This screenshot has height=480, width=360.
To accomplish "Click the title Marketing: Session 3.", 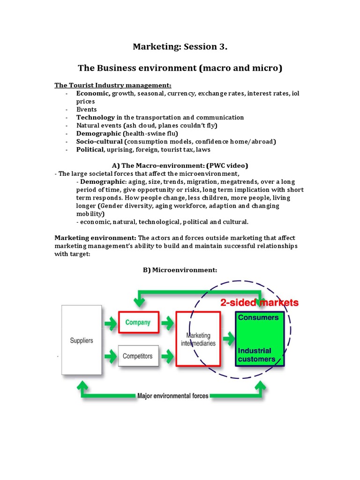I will point(180,46).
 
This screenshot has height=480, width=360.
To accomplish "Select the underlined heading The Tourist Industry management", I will point(113,85).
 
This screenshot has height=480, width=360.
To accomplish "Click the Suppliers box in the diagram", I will point(82,340).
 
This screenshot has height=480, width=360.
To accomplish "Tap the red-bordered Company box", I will point(138,322).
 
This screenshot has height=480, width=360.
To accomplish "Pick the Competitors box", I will point(137,356).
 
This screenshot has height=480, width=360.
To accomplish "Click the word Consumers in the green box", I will point(258,317).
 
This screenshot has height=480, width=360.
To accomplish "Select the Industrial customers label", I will point(256,355).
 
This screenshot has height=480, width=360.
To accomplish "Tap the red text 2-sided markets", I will point(259,303).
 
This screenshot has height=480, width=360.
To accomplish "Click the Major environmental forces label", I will point(173,396).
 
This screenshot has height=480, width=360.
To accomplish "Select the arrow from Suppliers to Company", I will point(110,322).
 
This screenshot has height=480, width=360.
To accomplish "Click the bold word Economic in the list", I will point(93,93).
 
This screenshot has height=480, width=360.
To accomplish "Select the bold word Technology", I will point(96,117).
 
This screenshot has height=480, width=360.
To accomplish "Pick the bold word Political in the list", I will point(90,150).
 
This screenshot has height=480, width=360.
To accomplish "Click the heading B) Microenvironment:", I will point(180,270).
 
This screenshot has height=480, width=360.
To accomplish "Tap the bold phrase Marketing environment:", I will point(96,238).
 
